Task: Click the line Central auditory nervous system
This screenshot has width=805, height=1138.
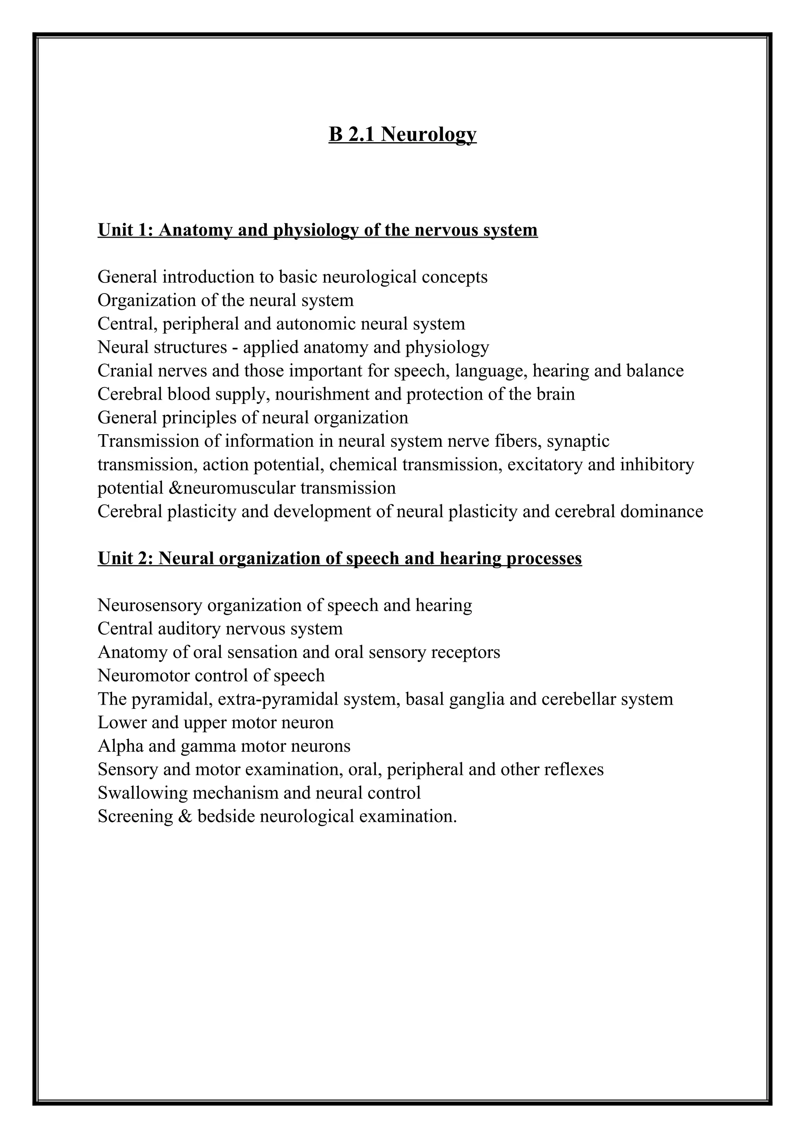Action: click(220, 628)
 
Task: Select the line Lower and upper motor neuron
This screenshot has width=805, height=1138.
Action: click(216, 723)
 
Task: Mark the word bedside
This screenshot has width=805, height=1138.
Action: click(226, 816)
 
